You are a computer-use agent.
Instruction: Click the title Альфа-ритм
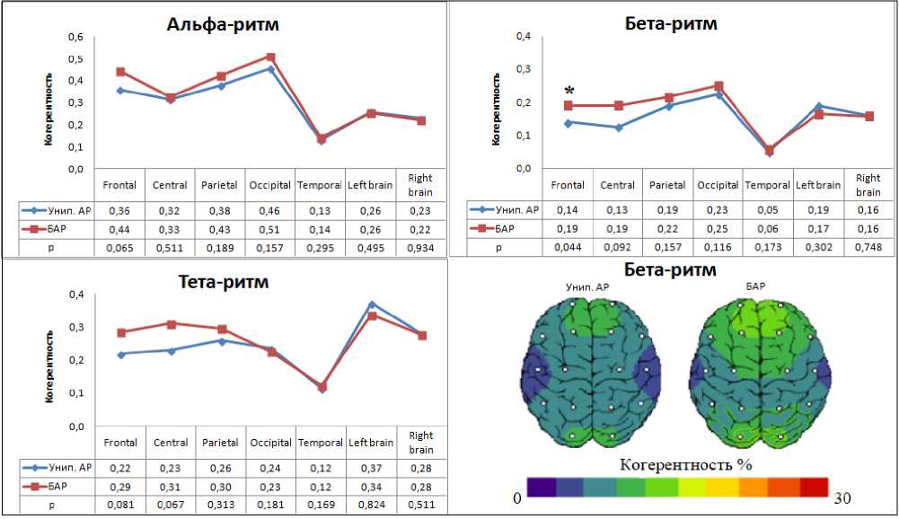pyautogui.click(x=223, y=24)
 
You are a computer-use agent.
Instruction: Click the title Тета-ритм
pyautogui.click(x=223, y=282)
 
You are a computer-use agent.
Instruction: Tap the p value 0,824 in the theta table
pyautogui.click(x=370, y=505)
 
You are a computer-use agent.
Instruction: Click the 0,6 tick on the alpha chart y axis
pyautogui.click(x=78, y=37)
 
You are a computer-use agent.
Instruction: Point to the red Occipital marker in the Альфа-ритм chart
pyautogui.click(x=270, y=57)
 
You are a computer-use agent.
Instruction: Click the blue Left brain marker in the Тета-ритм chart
pyautogui.click(x=371, y=304)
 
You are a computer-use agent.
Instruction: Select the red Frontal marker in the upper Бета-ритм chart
pyautogui.click(x=568, y=106)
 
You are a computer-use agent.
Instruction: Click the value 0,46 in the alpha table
pyautogui.click(x=270, y=210)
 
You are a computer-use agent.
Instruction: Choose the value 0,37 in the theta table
pyautogui.click(x=370, y=468)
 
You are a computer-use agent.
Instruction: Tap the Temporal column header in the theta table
pyautogui.click(x=321, y=443)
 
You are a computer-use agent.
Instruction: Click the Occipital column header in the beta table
pyautogui.click(x=718, y=185)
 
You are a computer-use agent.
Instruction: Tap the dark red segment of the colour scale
pyautogui.click(x=813, y=488)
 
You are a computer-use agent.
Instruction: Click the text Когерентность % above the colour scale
pyautogui.click(x=684, y=464)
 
